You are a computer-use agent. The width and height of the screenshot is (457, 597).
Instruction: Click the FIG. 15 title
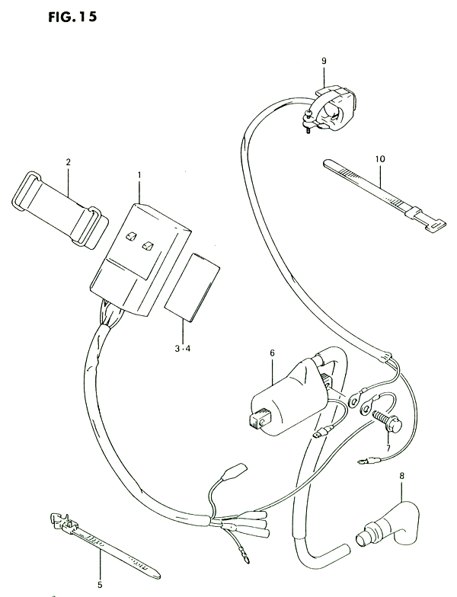72,17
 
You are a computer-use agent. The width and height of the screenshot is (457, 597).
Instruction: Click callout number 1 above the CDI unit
139,175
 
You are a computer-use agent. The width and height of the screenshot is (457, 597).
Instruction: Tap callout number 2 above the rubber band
69,162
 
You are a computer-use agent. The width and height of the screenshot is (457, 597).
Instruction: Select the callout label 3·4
183,349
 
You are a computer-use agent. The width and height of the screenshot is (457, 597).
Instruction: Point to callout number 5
101,585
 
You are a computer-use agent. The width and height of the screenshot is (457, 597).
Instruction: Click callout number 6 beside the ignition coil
272,353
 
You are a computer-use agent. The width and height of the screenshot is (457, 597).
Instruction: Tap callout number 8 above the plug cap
402,475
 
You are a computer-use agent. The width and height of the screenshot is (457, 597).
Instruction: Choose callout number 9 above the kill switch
324,61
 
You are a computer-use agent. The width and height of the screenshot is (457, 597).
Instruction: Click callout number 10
380,159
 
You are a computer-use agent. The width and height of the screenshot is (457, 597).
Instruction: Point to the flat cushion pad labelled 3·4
192,288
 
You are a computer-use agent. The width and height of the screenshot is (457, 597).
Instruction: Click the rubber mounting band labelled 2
60,210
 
